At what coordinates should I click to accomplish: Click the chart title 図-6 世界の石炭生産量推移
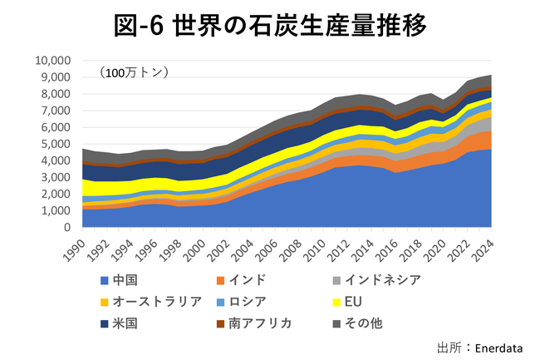270,25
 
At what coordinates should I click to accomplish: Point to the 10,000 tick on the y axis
54,61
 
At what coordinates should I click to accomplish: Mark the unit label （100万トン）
133,73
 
